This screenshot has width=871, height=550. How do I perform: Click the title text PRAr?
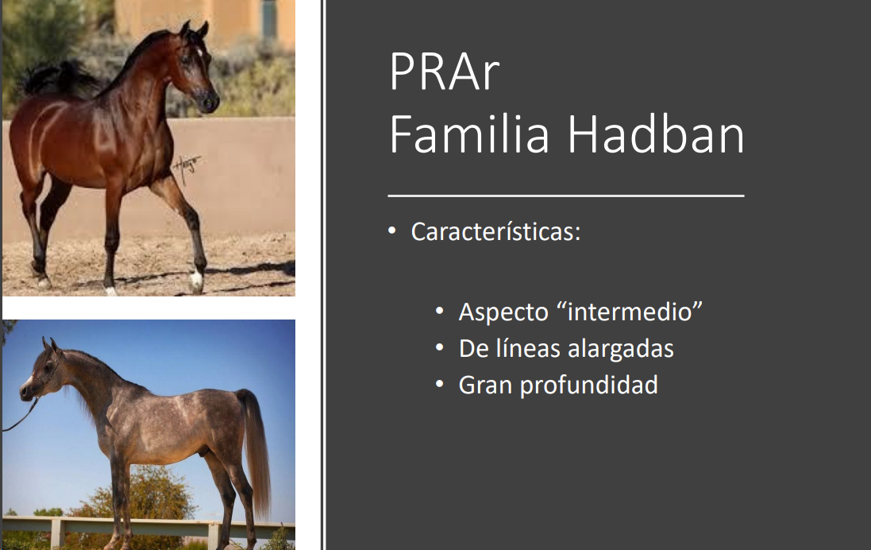pos(445,71)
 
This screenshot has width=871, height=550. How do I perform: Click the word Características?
pos(495,232)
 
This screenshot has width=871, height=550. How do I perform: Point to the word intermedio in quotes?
pos(634,312)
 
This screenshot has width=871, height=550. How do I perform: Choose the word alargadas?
pos(620,349)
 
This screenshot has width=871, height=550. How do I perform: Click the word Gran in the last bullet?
pos(485,385)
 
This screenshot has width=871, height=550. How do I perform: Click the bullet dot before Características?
pos(392,230)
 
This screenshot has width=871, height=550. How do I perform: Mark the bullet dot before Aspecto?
pos(440,311)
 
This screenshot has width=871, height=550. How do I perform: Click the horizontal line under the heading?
pos(566,196)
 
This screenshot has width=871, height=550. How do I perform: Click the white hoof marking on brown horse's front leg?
pos(197,280)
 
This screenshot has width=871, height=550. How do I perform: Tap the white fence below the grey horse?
pos(148,529)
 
